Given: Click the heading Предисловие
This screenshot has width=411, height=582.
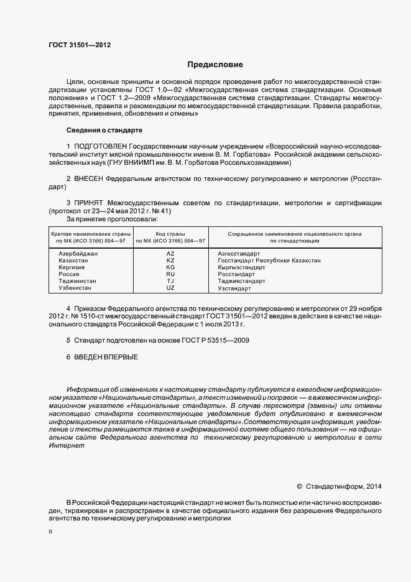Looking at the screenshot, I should [216, 65].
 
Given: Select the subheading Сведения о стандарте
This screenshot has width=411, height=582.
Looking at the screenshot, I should [104, 131].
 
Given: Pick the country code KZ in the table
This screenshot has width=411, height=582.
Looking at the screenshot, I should [170, 261].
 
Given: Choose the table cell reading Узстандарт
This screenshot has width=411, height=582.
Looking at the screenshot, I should [234, 289].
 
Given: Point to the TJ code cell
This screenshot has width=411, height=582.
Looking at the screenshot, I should [170, 281].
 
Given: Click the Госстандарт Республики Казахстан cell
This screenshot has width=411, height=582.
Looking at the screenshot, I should [269, 261].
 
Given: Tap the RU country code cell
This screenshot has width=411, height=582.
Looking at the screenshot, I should [170, 274].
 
